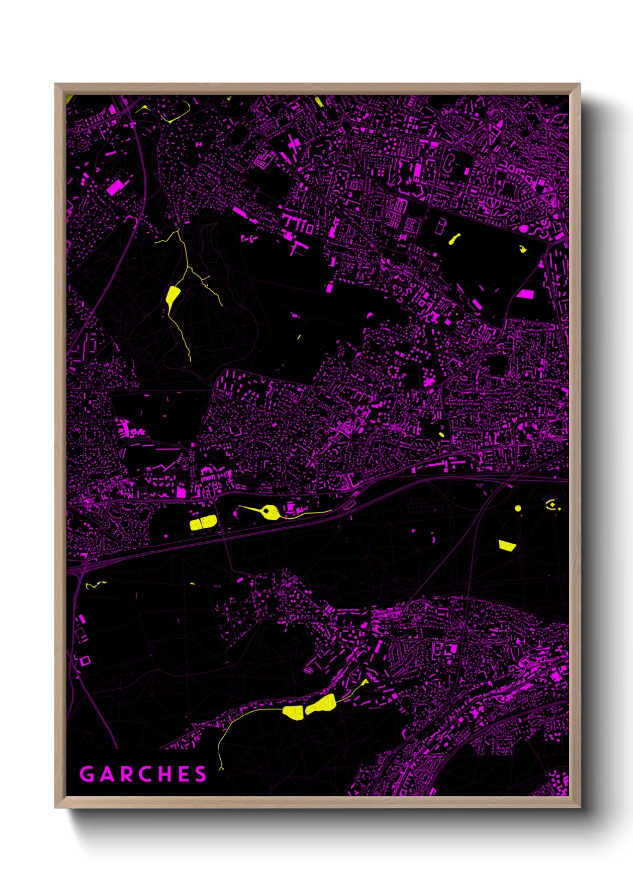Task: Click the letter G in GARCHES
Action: pos(87,774)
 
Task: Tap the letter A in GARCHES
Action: pos(106,774)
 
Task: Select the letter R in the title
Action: pos(124,774)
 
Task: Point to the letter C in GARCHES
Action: pos(144,774)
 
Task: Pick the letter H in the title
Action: pos(163,774)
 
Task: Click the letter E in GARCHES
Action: pos(183,774)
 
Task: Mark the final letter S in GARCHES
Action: pos(200,774)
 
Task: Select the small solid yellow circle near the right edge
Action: pos(518,508)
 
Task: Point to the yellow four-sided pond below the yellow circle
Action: pos(507,545)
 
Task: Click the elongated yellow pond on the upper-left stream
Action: pos(172,296)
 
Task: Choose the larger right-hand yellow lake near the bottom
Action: pos(321,704)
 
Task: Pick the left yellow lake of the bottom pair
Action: pos(293,712)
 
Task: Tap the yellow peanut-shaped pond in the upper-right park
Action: pos(454,239)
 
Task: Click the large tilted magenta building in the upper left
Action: pos(118,186)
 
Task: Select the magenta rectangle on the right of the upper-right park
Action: pos(525,294)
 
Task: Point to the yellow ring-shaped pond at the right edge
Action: pos(551,505)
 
